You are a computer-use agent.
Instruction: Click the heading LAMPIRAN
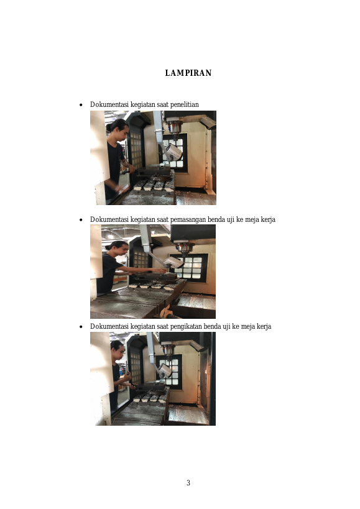[188, 73]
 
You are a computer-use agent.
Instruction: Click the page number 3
[188, 483]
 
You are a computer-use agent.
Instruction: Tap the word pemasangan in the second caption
[188, 220]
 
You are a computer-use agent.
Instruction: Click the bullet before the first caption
[81, 105]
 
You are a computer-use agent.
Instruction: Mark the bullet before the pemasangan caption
[81, 220]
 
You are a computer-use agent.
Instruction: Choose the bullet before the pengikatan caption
[81, 326]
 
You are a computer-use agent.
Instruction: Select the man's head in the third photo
[118, 350]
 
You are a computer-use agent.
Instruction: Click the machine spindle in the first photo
[175, 127]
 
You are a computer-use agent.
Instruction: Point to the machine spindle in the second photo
[185, 249]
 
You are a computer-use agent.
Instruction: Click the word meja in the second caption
[252, 220]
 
